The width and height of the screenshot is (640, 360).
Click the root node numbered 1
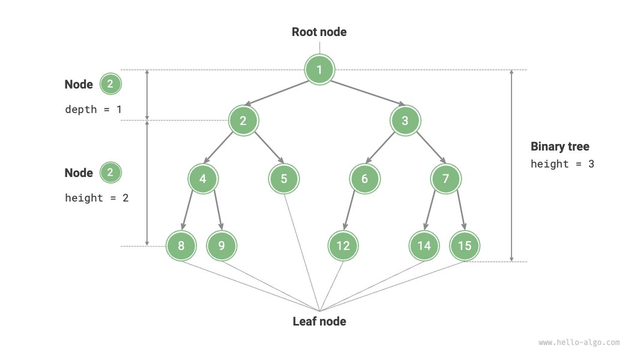coord(319,70)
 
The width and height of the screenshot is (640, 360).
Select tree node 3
coord(405,121)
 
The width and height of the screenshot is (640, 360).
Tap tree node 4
coord(203,178)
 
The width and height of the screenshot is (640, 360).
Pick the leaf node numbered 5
coord(284,178)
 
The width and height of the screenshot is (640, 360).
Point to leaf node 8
coord(181,245)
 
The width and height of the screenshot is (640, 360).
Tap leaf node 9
coord(222,245)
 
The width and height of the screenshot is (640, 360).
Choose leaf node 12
coord(343,245)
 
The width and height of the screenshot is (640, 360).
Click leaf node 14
coord(424,245)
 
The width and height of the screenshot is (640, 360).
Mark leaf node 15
coord(465,245)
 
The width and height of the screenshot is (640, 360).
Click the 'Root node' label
coord(319,32)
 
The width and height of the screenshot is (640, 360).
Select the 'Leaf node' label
coord(319,321)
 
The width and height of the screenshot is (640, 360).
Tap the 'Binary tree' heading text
coord(560,146)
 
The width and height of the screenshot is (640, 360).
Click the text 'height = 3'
coord(562,164)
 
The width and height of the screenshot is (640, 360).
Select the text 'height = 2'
coord(96,198)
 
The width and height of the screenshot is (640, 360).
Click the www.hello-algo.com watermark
coord(579,342)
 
